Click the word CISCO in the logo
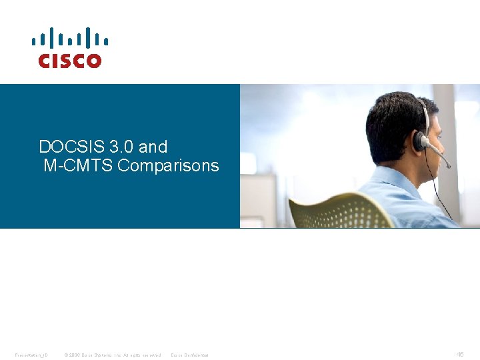pos(69,61)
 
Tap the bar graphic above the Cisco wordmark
pos(69,38)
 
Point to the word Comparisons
pos(168,165)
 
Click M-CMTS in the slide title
pos(78,165)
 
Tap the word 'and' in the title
pos(153,147)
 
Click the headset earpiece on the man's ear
pos(420,140)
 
